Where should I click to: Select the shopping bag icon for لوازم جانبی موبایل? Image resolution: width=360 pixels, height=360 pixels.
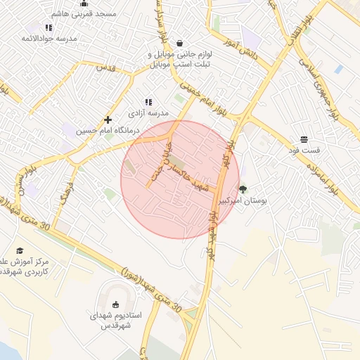pos(179,42)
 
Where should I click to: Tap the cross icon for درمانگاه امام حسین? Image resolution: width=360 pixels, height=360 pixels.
pos(108,120)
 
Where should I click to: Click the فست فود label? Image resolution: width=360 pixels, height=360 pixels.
pos(304,150)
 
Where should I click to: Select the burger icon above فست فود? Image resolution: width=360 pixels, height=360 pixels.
pos(304,139)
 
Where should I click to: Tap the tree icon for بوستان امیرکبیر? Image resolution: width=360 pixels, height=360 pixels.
pos(243,188)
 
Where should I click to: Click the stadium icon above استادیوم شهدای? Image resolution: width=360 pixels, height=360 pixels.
pos(116,304)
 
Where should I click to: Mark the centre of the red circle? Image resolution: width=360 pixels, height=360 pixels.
pos(180,180)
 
